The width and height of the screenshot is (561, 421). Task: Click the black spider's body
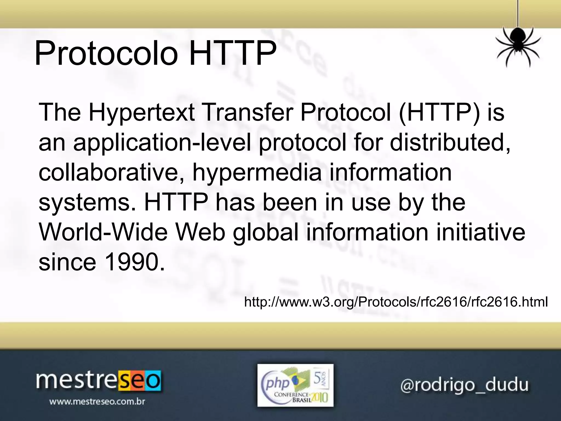pyautogui.click(x=517, y=41)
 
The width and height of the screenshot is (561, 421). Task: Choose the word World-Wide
pyautogui.click(x=103, y=232)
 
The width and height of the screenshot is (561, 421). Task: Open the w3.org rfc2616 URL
pyautogui.click(x=396, y=302)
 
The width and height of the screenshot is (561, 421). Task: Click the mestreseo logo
pyautogui.click(x=98, y=381)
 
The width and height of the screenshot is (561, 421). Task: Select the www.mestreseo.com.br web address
pyautogui.click(x=97, y=402)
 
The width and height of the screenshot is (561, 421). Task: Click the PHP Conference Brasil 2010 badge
pyautogui.click(x=295, y=385)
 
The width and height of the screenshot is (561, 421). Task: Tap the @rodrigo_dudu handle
pyautogui.click(x=464, y=385)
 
